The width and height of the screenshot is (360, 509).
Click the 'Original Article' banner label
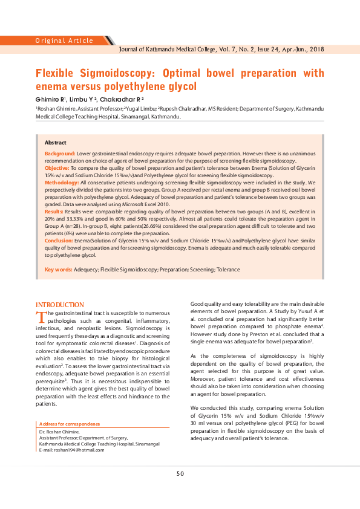point(64,41)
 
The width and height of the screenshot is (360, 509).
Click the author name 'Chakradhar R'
point(122,99)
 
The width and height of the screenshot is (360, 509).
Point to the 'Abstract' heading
point(56,142)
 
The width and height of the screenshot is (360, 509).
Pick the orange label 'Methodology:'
point(62,182)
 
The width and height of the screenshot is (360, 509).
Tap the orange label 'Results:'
point(54,212)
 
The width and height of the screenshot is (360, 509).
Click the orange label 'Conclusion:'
point(59,241)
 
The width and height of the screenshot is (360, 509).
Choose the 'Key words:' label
point(58,269)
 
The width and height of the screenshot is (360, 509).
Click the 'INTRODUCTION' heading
point(60,304)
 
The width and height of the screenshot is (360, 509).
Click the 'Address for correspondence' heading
point(70,424)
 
